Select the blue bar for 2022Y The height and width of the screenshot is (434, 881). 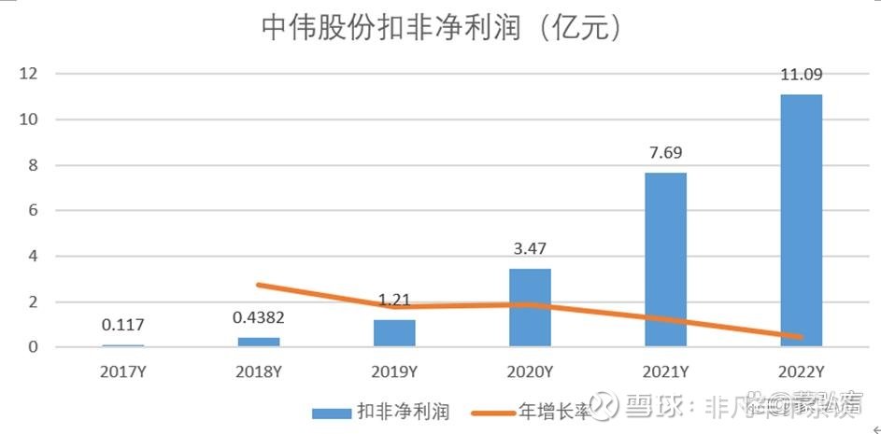click(801, 220)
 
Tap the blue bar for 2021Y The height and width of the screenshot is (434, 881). click(665, 259)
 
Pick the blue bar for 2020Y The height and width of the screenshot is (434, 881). click(529, 308)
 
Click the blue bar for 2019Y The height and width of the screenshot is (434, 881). click(393, 333)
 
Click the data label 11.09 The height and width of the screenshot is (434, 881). click(801, 76)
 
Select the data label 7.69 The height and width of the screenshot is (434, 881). click(665, 153)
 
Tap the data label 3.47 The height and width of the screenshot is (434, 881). click(529, 249)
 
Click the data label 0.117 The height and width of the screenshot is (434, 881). click(121, 325)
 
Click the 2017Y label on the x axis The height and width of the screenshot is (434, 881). click(121, 371)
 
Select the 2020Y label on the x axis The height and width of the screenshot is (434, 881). click(529, 371)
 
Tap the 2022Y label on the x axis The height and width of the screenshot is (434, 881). click(801, 371)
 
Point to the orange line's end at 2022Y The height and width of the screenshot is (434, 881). click(801, 336)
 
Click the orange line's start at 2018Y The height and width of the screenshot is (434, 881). click(258, 285)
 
